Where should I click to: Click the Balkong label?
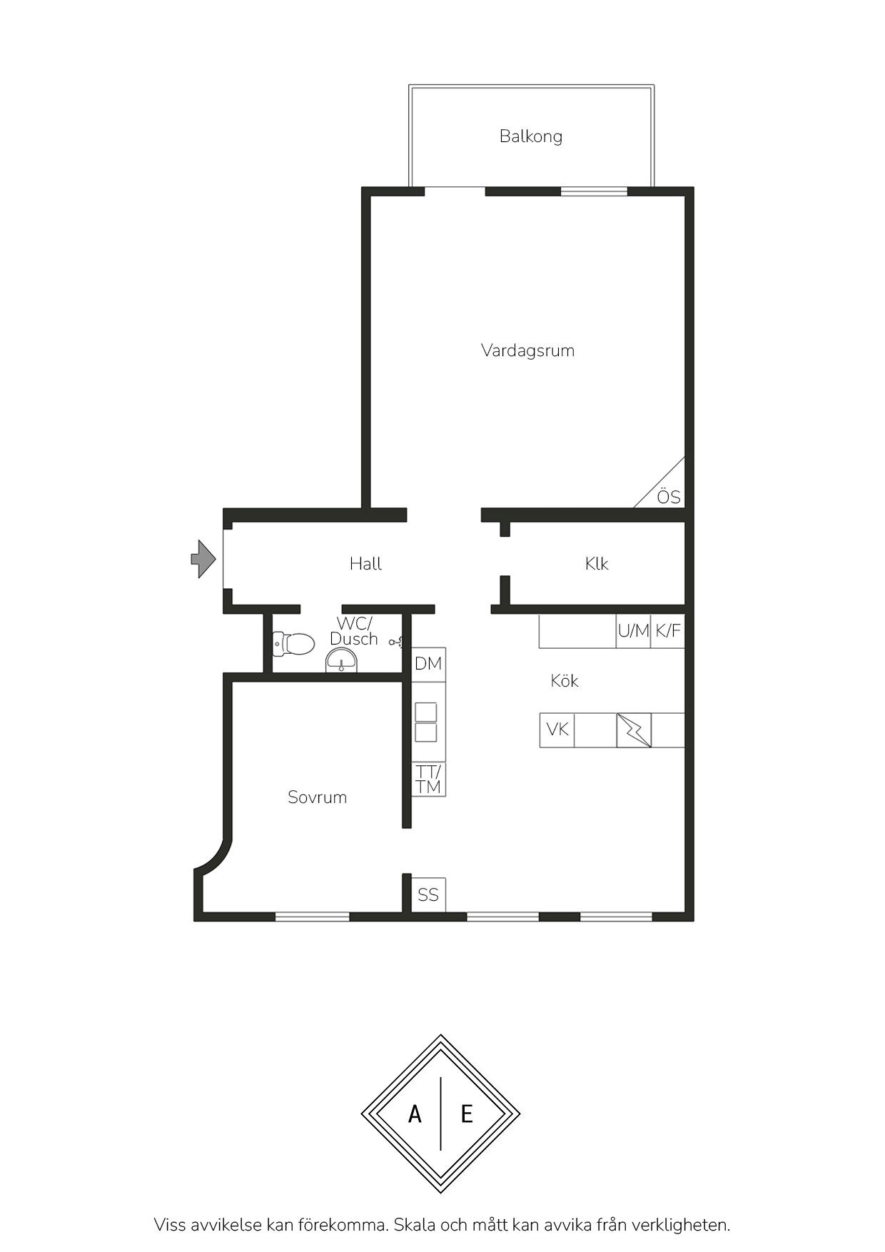[x=531, y=136]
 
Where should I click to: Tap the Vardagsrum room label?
[x=527, y=350]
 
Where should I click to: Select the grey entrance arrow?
[x=203, y=559]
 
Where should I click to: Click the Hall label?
[x=365, y=564]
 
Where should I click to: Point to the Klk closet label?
[x=597, y=564]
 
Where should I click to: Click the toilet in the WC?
[x=293, y=644]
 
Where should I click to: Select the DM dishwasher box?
[x=428, y=664]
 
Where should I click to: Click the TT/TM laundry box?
[x=428, y=779]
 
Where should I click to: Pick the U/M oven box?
[x=633, y=631]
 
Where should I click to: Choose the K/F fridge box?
[x=668, y=631]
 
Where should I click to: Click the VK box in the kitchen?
[x=557, y=730]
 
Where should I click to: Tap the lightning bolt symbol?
[x=634, y=730]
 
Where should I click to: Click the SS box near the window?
[x=428, y=895]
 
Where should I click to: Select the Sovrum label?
[x=318, y=797]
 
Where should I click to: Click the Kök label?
[x=565, y=681]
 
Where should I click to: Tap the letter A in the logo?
[x=415, y=1114]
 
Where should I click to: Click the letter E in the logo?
[x=467, y=1114]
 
